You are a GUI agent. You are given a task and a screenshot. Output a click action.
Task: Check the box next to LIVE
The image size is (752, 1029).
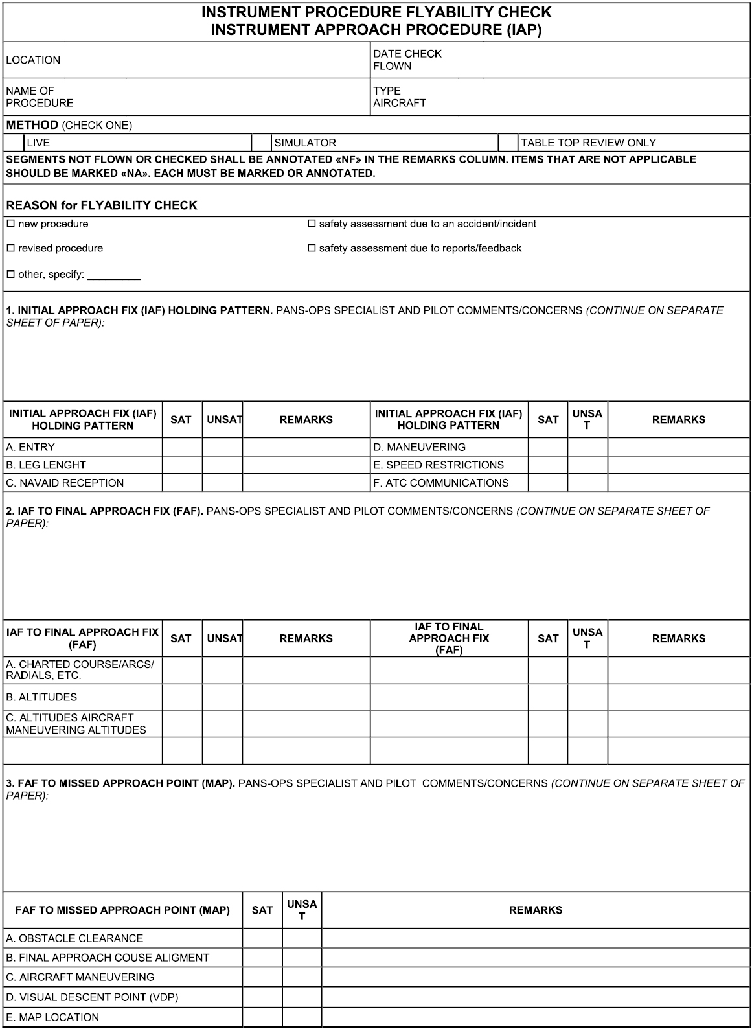click(x=14, y=143)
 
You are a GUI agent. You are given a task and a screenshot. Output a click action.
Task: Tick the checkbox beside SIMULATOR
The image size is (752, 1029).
click(x=261, y=143)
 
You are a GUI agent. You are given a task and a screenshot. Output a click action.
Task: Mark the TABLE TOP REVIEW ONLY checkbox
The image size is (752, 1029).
click(x=508, y=143)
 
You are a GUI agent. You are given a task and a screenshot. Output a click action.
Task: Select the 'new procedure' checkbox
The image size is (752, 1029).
click(x=10, y=224)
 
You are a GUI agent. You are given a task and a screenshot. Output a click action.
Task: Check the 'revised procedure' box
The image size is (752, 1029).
click(x=10, y=248)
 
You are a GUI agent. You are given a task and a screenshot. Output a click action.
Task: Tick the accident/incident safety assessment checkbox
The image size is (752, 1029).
click(x=312, y=224)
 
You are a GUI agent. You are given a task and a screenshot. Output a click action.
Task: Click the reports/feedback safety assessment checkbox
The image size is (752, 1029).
click(x=312, y=248)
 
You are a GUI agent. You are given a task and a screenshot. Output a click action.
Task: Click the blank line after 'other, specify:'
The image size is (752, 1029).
click(x=114, y=275)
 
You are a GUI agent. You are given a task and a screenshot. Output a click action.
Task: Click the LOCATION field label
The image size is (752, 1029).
click(x=33, y=60)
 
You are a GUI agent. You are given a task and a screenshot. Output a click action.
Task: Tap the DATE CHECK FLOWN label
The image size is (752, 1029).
click(x=407, y=60)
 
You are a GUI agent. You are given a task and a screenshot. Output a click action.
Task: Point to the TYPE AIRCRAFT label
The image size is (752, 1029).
click(x=399, y=97)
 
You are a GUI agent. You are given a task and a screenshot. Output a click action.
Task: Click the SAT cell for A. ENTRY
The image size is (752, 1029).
click(x=182, y=447)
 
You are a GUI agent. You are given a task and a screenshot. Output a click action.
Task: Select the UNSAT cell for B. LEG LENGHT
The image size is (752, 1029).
click(x=222, y=465)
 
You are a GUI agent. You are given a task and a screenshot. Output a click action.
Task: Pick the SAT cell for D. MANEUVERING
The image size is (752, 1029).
click(x=548, y=447)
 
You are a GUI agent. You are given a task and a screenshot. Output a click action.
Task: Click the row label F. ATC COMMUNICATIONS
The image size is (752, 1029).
click(x=440, y=483)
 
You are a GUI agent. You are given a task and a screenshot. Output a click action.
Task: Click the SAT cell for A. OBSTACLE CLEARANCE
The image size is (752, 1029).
click(x=262, y=938)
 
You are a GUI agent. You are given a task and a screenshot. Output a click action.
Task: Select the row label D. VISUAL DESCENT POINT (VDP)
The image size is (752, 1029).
click(x=92, y=997)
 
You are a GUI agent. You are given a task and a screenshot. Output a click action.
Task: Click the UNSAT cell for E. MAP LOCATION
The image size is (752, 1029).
click(x=302, y=1017)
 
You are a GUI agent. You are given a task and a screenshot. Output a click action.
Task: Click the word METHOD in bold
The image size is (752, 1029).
click(x=32, y=124)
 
